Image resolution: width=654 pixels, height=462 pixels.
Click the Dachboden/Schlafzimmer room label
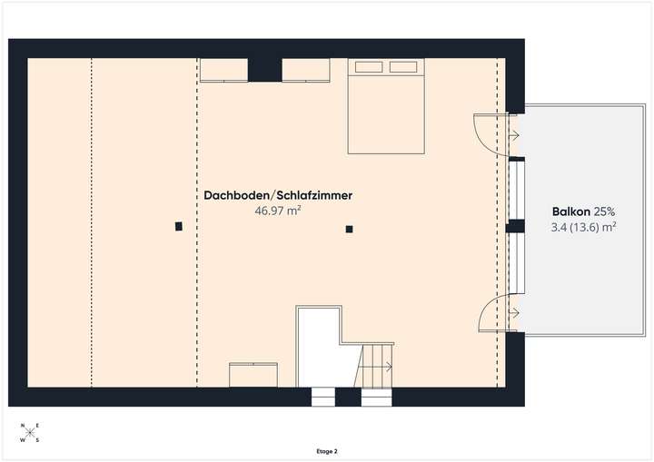[x=278, y=195]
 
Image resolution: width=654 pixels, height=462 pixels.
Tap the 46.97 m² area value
[x=278, y=211]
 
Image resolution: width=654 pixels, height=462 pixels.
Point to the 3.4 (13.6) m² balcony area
[x=584, y=227]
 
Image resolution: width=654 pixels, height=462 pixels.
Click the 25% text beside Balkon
[x=605, y=211]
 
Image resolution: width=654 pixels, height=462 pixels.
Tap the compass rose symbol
[x=31, y=434]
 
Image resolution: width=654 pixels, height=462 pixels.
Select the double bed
[x=387, y=105]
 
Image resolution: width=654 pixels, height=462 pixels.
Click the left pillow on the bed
[x=370, y=66]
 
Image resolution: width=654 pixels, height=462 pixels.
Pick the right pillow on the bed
[x=405, y=66]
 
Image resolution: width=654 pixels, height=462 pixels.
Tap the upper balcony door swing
[x=490, y=133]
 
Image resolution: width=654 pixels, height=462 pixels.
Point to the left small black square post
[x=179, y=226]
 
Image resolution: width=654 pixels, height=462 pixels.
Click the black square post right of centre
[x=349, y=230]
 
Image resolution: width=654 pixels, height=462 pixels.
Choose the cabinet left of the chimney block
[x=223, y=70]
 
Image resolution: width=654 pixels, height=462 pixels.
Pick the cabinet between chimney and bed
[x=306, y=70]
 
